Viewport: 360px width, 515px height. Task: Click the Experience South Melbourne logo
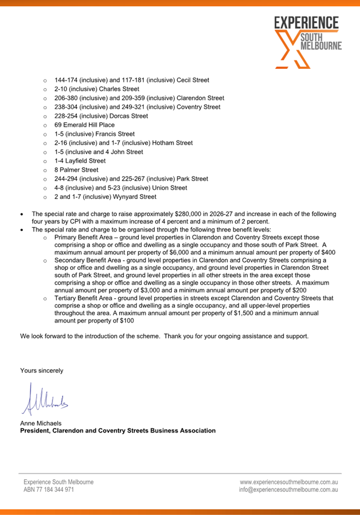(307, 41)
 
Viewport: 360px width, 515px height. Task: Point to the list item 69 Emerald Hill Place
(85, 125)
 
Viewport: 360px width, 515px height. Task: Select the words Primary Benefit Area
(86, 238)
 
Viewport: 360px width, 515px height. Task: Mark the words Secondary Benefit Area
(90, 261)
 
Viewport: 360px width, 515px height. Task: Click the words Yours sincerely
(42, 370)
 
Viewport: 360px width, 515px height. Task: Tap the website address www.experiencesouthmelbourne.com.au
(288, 482)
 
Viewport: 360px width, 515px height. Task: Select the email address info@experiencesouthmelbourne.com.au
(288, 490)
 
